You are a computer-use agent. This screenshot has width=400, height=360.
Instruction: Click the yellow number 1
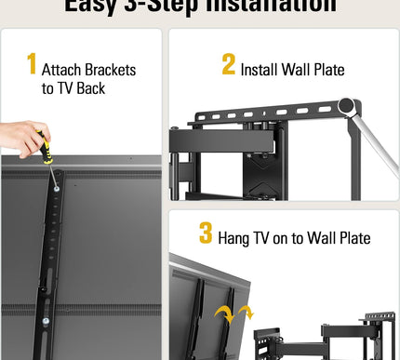(x=32, y=64)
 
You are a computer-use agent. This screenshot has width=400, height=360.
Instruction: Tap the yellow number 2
(x=229, y=64)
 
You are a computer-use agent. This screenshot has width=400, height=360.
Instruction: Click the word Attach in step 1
(x=64, y=70)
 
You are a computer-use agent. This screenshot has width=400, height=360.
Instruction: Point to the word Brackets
(x=110, y=70)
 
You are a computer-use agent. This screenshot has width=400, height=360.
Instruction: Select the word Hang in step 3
(x=235, y=240)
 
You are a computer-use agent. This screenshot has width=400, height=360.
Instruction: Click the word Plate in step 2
(x=325, y=70)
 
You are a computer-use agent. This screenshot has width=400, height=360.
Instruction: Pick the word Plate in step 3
(x=352, y=240)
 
